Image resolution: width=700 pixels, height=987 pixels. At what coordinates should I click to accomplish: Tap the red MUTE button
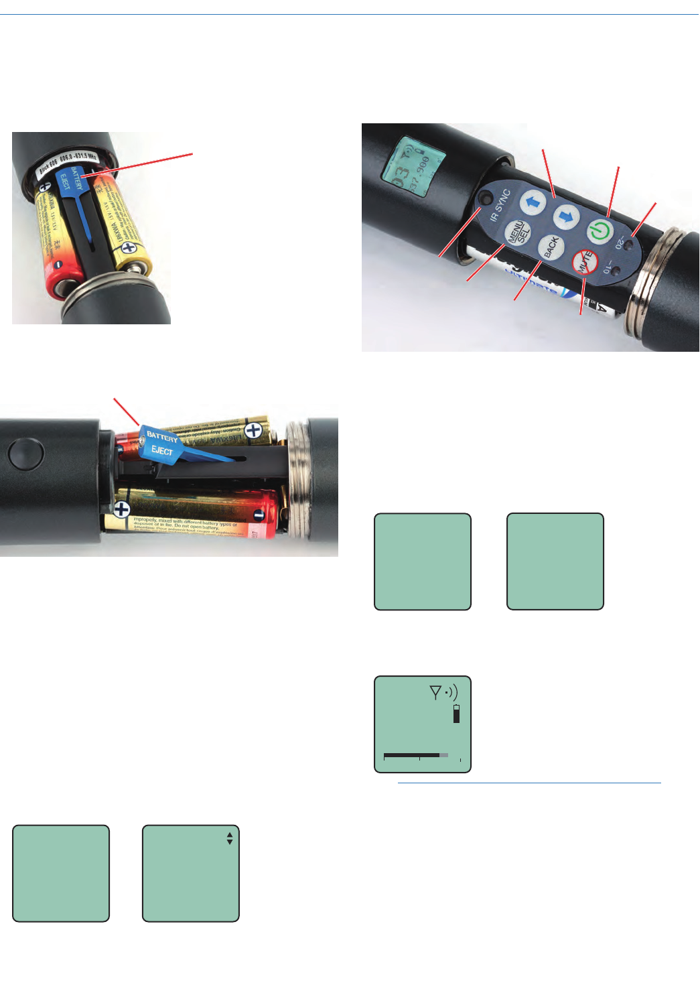[x=585, y=262]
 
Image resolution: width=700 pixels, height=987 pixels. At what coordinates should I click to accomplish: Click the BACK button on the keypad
[x=551, y=247]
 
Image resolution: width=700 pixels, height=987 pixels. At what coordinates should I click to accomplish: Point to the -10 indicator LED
[x=616, y=271]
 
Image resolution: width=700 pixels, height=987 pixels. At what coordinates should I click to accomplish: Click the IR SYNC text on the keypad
[x=500, y=205]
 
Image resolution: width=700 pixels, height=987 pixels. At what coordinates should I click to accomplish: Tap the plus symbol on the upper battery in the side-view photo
[x=253, y=431]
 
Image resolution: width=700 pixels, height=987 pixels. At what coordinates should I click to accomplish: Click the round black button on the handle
[x=25, y=454]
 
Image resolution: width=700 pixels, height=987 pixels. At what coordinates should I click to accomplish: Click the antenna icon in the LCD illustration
[x=435, y=692]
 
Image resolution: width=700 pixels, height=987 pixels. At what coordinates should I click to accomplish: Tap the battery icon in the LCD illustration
[x=457, y=714]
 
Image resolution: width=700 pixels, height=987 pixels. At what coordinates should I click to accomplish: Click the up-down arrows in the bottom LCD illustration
[x=230, y=838]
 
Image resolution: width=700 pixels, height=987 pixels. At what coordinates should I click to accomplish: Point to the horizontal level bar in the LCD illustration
[x=415, y=755]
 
